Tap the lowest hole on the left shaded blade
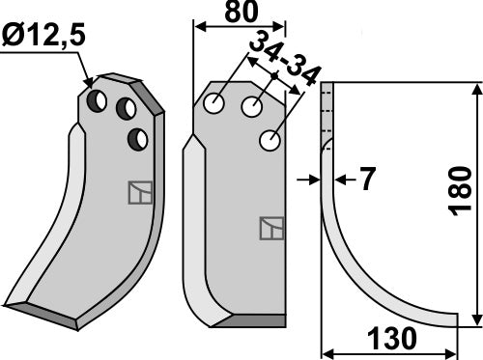click(x=139, y=140)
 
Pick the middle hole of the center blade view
click(x=253, y=107)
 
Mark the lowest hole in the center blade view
click(x=270, y=142)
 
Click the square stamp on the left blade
click(x=139, y=193)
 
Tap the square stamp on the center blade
click(x=270, y=229)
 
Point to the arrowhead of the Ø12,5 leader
click(x=90, y=85)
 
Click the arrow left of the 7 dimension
click(x=312, y=180)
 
